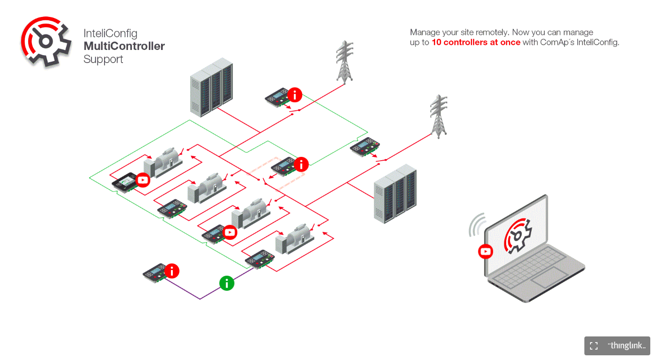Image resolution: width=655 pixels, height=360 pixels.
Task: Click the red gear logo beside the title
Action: tap(46, 42)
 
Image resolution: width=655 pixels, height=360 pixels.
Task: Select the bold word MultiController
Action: tap(124, 46)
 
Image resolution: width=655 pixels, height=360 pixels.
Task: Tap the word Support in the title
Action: tap(103, 59)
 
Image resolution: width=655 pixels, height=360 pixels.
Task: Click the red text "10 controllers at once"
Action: tap(476, 42)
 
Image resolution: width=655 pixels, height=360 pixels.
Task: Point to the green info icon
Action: tap(227, 283)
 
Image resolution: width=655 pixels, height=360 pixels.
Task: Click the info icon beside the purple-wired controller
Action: tap(172, 271)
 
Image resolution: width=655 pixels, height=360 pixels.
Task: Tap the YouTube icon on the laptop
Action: tap(485, 252)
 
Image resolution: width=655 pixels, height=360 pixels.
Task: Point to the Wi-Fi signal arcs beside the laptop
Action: tap(477, 225)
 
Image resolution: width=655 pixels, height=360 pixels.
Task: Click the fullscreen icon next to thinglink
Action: tap(594, 346)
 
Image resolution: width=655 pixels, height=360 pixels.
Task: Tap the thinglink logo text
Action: tap(626, 346)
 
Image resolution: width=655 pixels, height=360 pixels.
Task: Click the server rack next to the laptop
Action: tap(395, 193)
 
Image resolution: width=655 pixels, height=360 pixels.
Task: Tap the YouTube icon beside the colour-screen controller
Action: tap(143, 180)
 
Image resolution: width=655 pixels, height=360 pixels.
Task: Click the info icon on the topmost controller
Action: tap(295, 95)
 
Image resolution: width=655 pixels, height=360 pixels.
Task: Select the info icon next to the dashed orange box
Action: tap(301, 164)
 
